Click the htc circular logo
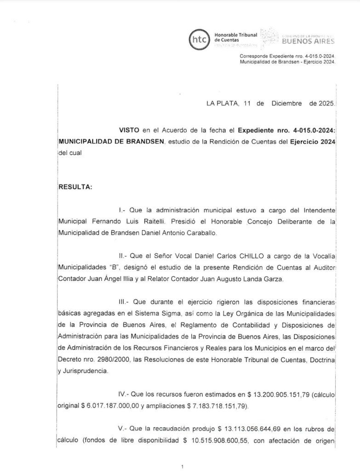tap(199, 39)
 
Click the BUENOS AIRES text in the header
tap(308, 41)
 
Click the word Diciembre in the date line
tap(287, 103)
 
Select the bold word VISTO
tap(128, 131)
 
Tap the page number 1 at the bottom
tap(183, 467)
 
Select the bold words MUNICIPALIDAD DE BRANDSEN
tap(110, 142)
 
